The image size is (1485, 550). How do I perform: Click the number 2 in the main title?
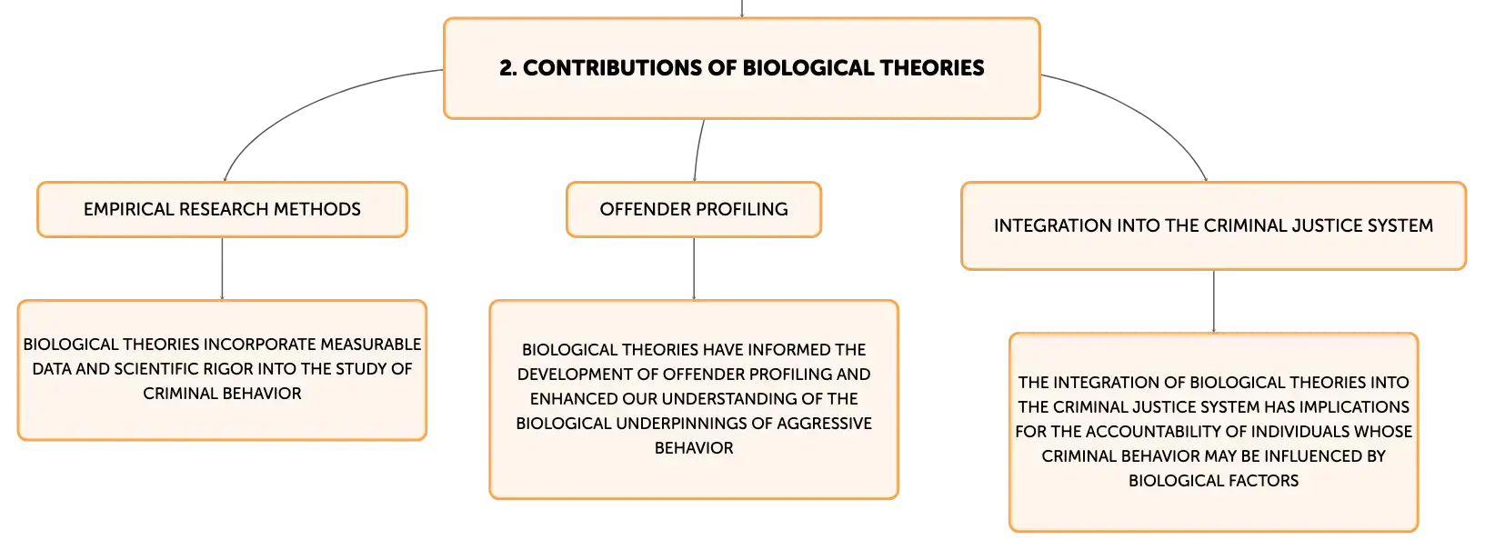pos(507,67)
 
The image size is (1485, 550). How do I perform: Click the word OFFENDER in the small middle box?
pos(640,209)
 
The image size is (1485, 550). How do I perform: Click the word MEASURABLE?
pos(371,345)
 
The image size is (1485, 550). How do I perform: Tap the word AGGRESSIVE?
pos(824,424)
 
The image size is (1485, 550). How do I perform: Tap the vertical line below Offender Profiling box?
pos(694,268)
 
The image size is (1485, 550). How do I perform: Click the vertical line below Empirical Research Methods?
pos(222,268)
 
